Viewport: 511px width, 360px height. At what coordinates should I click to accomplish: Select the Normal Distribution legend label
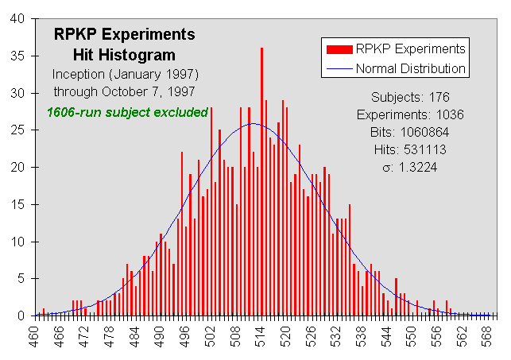click(x=411, y=68)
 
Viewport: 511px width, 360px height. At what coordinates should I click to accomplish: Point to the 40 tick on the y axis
click(x=19, y=18)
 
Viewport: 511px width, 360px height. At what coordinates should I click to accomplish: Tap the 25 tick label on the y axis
click(x=19, y=130)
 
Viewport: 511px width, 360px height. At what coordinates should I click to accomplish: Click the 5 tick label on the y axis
click(x=22, y=279)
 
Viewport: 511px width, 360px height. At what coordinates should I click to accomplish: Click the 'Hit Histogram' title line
click(x=124, y=55)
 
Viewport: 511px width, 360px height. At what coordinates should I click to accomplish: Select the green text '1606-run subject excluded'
click(x=127, y=112)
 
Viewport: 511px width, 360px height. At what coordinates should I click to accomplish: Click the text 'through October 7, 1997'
click(x=124, y=91)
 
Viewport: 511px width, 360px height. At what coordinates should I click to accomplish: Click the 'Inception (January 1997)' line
click(x=124, y=74)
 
